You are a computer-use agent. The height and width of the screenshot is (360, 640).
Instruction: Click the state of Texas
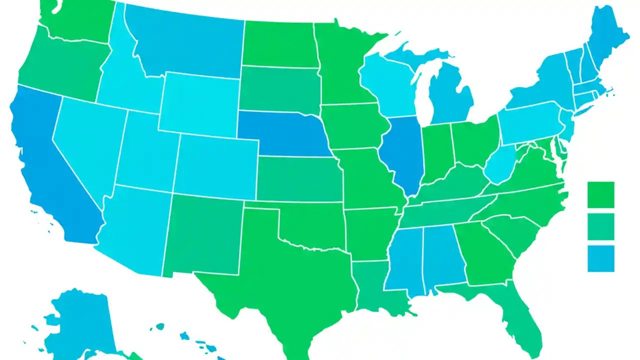(x=270, y=270)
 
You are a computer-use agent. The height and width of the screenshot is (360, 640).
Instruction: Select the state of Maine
(x=607, y=40)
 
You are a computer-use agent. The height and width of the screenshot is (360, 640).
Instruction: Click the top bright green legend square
(x=600, y=194)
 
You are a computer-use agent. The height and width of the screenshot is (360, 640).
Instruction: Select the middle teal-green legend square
(x=600, y=226)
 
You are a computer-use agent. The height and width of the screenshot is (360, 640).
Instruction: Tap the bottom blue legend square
(x=600, y=258)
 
